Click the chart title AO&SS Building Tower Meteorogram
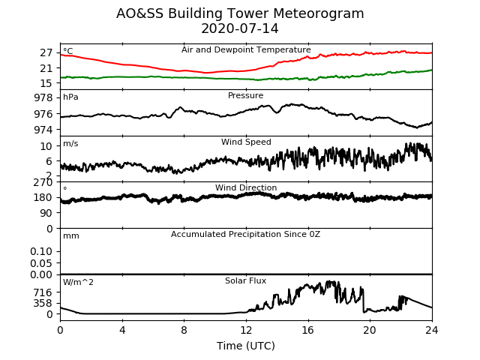click(x=240, y=13)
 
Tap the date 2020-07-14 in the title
click(x=240, y=28)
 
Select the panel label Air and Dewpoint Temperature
click(x=246, y=50)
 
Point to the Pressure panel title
click(x=245, y=95)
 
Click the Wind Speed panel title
click(x=246, y=142)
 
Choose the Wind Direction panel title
click(x=246, y=187)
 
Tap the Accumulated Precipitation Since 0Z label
click(x=245, y=235)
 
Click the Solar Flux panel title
click(x=245, y=280)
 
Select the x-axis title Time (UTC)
click(x=246, y=346)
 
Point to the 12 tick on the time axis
click(x=246, y=330)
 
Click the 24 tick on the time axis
click(x=432, y=330)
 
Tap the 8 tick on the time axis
click(x=184, y=330)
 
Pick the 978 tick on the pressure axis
click(x=43, y=98)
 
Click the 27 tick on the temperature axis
click(x=46, y=53)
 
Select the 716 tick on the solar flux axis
click(x=43, y=292)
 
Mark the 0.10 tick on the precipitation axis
click(x=41, y=252)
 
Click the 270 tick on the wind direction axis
click(x=43, y=183)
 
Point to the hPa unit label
click(x=70, y=97)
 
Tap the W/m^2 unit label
click(x=78, y=282)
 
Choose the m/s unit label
click(x=70, y=143)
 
